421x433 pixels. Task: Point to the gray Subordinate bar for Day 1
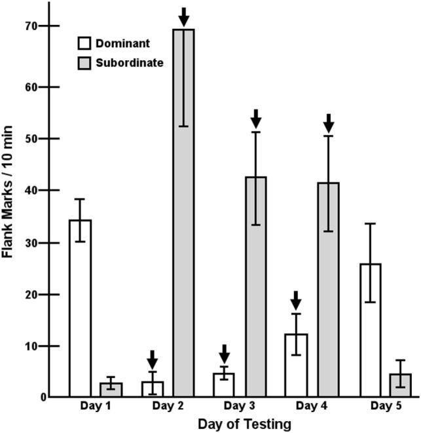click(111, 390)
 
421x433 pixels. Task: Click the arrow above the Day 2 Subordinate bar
click(184, 16)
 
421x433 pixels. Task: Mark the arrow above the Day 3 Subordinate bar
click(256, 119)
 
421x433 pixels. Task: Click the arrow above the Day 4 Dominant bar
click(296, 301)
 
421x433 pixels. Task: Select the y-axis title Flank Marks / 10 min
click(9, 196)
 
